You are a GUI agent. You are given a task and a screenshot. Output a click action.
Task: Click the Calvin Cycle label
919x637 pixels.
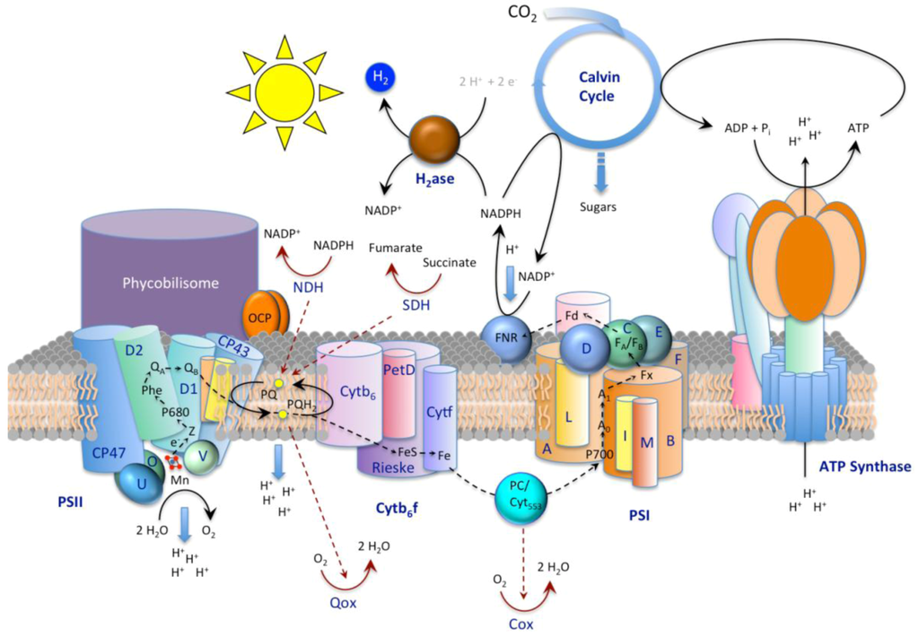click(599, 87)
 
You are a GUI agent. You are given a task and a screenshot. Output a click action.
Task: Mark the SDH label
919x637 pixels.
click(417, 305)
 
